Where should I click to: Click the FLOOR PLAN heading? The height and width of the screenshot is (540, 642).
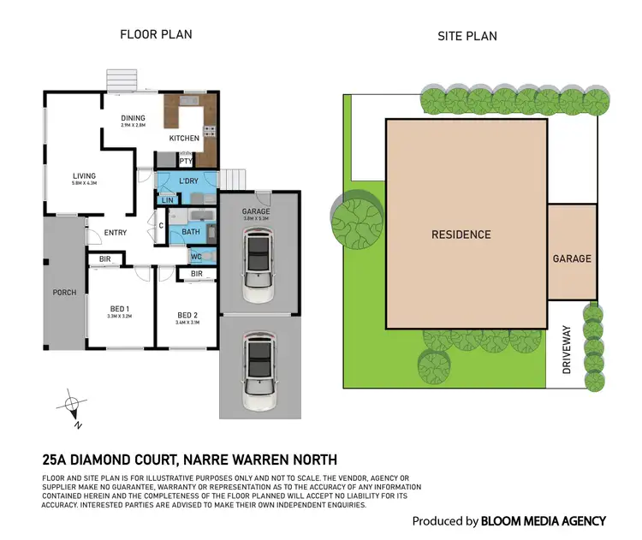click(x=155, y=34)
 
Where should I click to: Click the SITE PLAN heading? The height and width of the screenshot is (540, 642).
click(x=467, y=36)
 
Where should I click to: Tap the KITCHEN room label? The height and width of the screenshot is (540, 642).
click(x=184, y=138)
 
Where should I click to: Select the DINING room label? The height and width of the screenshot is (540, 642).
click(x=133, y=118)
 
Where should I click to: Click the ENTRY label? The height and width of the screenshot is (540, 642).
click(x=116, y=233)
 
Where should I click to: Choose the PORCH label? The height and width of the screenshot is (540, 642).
click(x=64, y=293)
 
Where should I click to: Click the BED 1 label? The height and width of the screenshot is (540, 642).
click(x=119, y=310)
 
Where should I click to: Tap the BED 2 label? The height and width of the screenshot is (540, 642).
click(x=187, y=314)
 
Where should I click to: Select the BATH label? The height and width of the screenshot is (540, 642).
click(x=191, y=231)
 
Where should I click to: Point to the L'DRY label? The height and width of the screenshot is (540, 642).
click(x=189, y=181)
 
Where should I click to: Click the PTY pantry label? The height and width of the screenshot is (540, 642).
click(x=185, y=160)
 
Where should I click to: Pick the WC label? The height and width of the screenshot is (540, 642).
click(x=195, y=256)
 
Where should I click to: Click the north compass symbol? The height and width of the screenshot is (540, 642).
click(x=74, y=403)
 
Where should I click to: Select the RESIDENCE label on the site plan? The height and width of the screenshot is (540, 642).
click(x=461, y=234)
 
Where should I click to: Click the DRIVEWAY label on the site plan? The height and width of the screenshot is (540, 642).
click(x=566, y=348)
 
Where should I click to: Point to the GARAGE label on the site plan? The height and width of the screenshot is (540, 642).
click(x=572, y=258)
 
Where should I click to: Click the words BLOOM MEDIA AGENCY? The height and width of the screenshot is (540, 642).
click(x=544, y=520)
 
